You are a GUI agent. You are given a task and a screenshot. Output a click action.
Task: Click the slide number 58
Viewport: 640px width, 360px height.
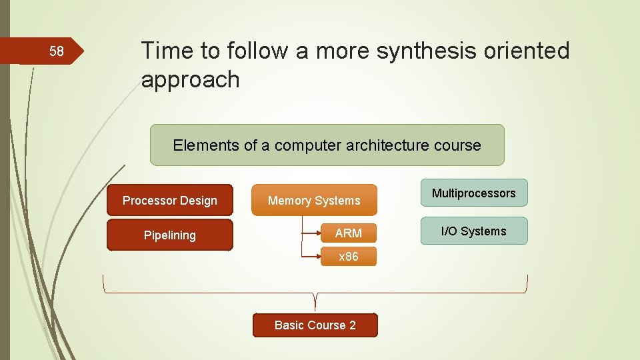(57, 51)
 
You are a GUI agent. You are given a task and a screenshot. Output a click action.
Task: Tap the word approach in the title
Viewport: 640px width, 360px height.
(190, 79)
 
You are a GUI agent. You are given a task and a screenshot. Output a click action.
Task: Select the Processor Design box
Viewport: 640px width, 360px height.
(170, 200)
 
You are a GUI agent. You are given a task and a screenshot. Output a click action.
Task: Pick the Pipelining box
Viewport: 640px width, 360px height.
(170, 235)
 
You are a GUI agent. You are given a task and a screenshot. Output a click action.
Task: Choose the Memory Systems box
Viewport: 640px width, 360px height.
(314, 200)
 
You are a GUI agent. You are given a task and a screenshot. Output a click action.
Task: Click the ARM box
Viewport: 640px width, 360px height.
(349, 233)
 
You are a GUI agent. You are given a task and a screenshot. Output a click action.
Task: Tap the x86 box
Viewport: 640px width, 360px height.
(349, 257)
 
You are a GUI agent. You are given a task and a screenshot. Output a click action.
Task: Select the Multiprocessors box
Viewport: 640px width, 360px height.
(473, 193)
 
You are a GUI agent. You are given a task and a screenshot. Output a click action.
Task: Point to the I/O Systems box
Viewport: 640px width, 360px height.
(473, 231)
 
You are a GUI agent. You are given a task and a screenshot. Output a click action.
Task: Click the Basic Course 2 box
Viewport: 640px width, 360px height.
(315, 325)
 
